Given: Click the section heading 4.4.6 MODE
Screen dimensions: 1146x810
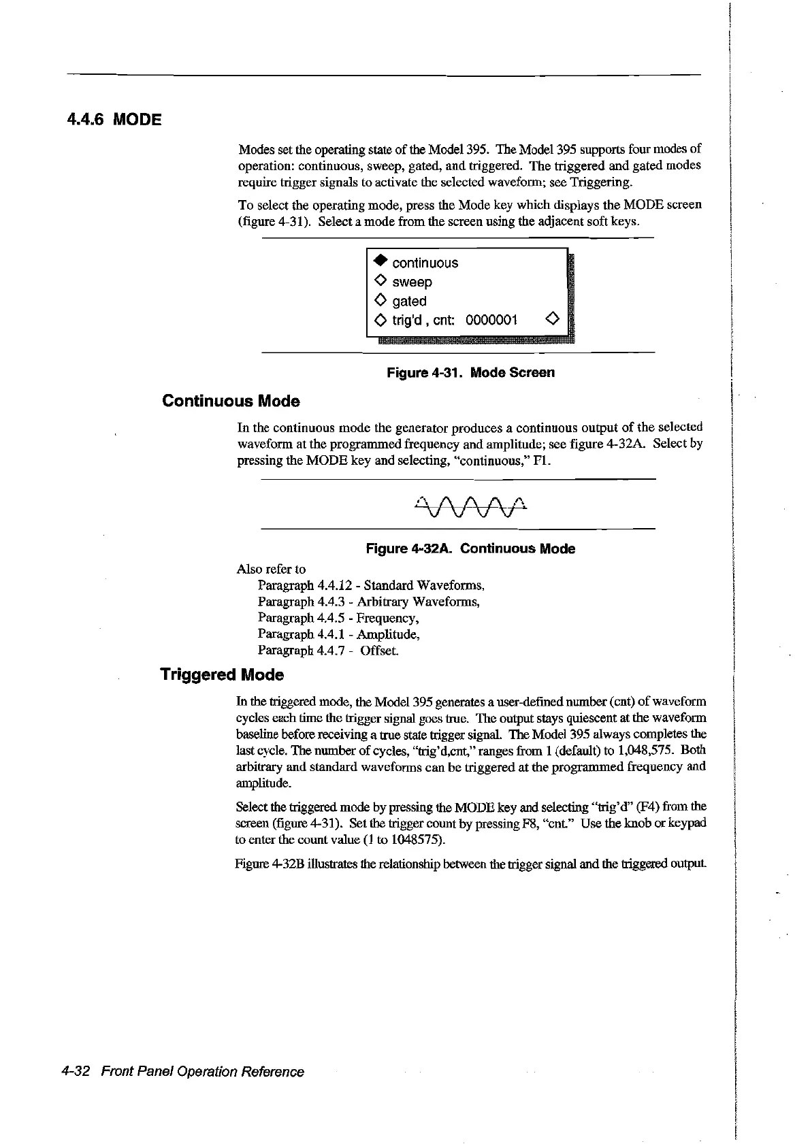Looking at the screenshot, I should [114, 120].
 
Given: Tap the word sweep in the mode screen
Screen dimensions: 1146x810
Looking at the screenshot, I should [412, 282].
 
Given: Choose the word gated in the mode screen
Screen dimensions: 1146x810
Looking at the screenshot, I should [409, 301].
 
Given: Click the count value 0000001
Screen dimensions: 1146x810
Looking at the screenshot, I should [491, 320].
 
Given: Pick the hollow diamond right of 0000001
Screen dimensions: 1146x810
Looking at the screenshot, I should [553, 319].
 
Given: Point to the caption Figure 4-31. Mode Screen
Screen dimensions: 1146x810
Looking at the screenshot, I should [470, 372].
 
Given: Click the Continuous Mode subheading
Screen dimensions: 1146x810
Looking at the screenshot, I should [231, 402].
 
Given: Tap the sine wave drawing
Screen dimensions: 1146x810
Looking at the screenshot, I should [470, 506].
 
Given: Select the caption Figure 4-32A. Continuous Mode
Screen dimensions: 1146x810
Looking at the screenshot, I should [470, 549].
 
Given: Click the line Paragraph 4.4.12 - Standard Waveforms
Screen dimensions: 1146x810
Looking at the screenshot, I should [371, 585].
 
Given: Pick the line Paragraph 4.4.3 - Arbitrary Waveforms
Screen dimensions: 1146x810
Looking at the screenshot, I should [368, 602].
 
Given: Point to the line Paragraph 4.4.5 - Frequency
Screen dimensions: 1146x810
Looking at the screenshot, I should [338, 618].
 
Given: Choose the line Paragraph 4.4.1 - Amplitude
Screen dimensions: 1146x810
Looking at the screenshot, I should [338, 634].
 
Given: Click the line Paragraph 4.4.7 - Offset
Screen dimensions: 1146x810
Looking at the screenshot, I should [328, 651].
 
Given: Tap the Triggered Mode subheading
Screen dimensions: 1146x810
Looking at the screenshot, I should [222, 674].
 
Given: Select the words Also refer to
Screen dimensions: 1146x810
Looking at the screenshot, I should [271, 569].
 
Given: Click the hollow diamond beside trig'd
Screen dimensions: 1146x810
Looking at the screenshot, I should [381, 320].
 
